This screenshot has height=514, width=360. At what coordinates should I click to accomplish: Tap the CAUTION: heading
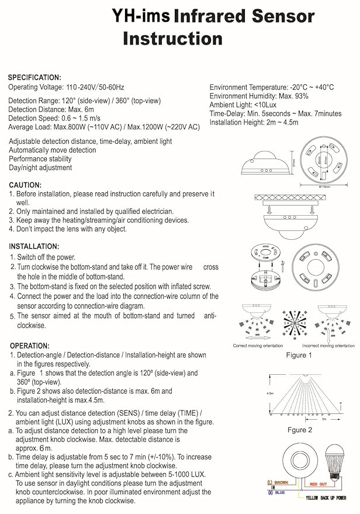[25, 184]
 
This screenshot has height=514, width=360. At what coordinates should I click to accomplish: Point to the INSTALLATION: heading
[34, 246]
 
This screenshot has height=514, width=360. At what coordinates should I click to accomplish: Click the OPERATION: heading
[29, 346]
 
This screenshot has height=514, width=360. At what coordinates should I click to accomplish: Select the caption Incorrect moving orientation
[327, 346]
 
